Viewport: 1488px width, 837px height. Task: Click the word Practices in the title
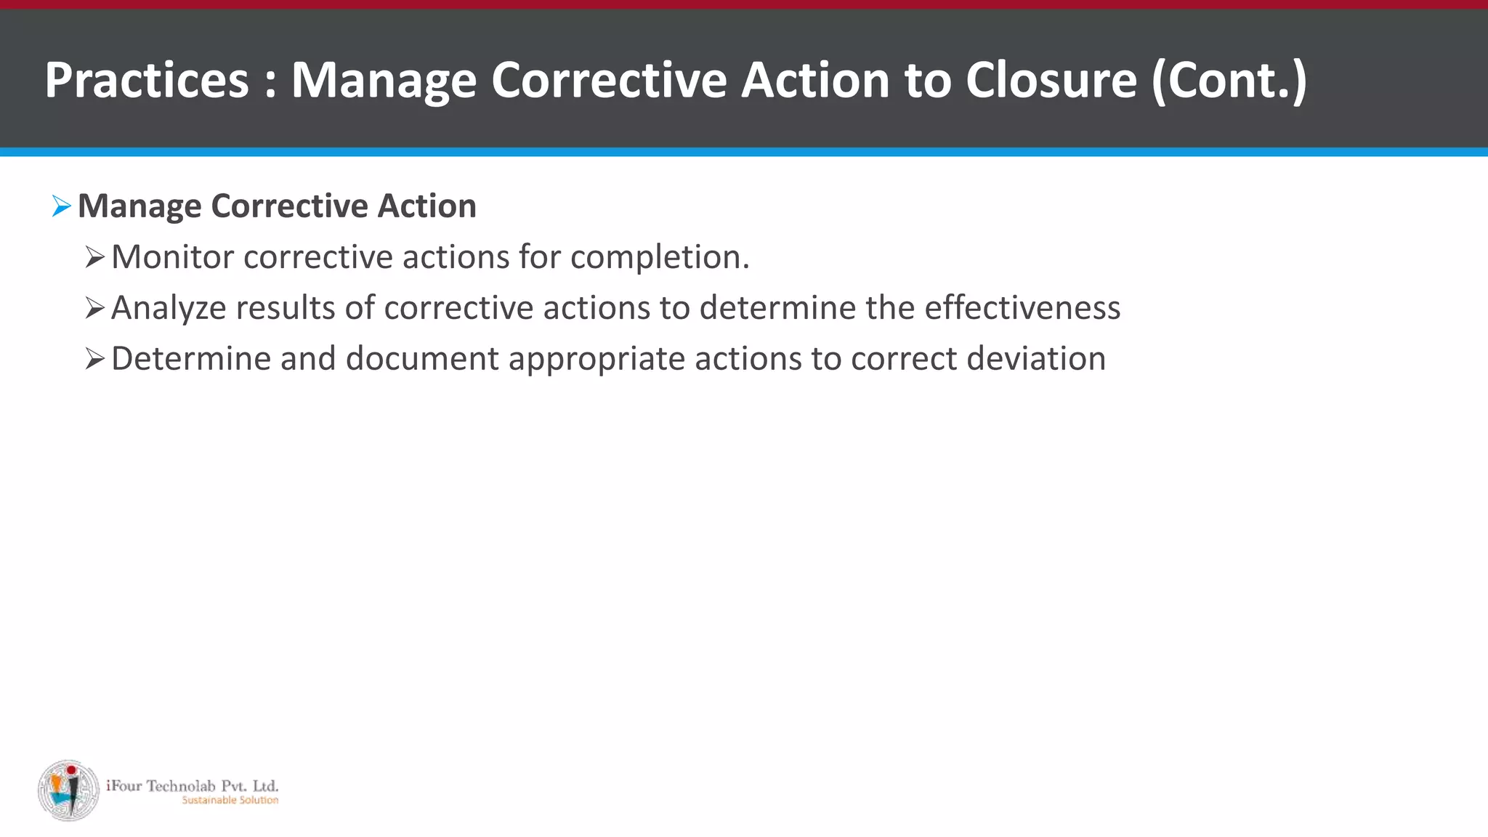point(147,80)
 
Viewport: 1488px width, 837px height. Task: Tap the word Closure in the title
point(1051,80)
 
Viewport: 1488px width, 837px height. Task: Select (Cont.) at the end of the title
point(1229,80)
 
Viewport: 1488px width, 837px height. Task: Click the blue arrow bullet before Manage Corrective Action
point(62,206)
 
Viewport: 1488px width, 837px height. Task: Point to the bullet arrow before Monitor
point(94,257)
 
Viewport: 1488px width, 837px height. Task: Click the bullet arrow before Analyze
point(94,308)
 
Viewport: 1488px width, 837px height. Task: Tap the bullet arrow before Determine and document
point(94,359)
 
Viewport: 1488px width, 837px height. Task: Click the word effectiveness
point(1022,308)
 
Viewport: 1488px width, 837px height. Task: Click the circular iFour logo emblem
point(69,790)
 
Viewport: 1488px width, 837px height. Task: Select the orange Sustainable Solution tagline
point(230,800)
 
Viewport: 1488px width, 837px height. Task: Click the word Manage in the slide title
point(384,80)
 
